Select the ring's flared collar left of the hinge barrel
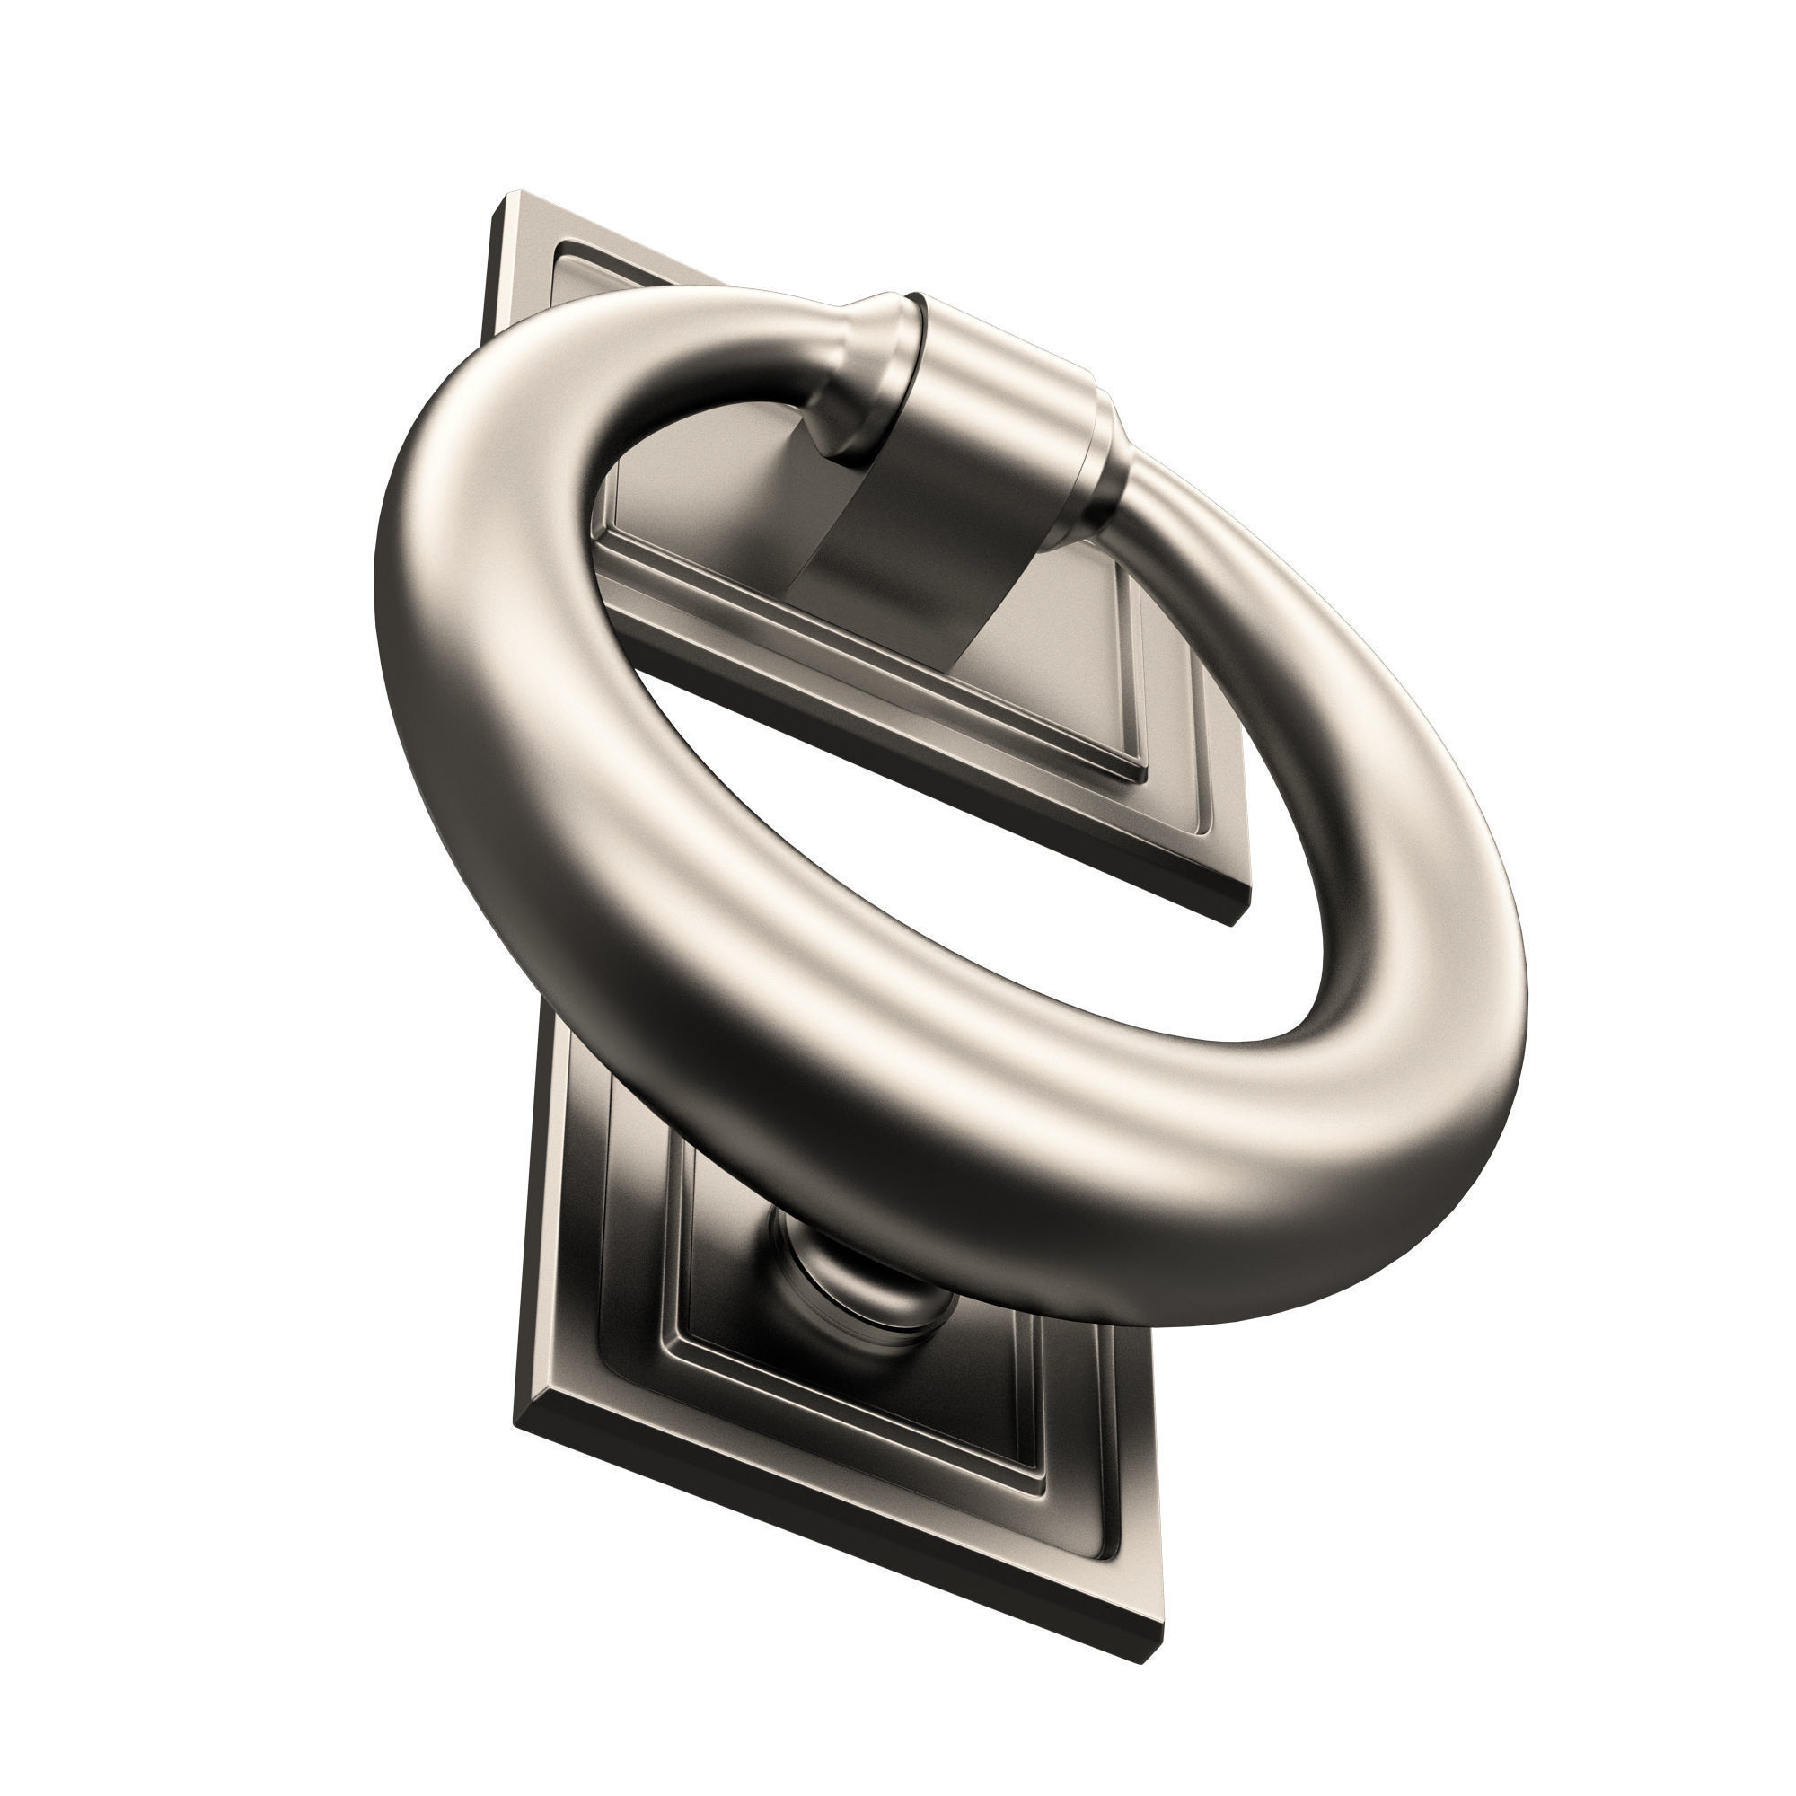860,372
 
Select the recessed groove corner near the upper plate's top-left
558,246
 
